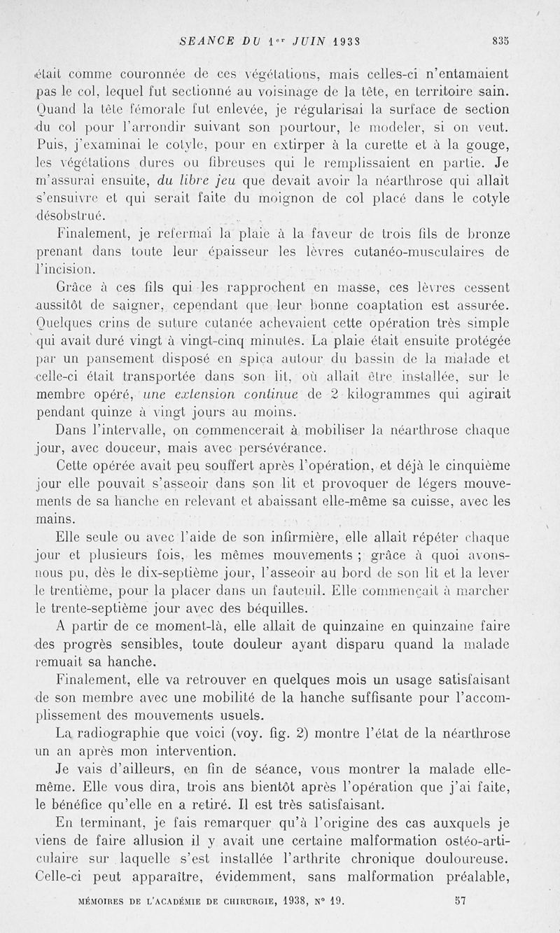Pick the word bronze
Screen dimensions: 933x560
coord(484,232)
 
